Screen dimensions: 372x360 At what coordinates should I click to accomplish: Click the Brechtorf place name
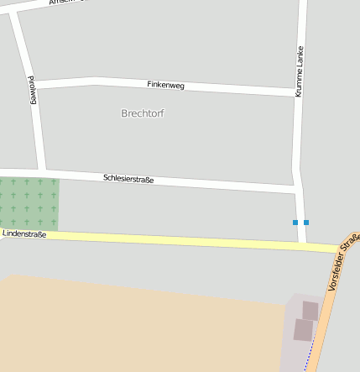pos(143,113)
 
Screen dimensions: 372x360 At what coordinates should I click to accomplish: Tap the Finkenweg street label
pos(165,85)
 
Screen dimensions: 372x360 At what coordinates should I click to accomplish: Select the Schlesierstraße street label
pos(128,178)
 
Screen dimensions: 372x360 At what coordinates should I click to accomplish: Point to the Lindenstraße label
pos(24,233)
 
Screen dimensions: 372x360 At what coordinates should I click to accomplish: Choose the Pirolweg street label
pos(34,90)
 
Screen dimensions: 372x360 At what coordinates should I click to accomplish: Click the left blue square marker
pos(295,223)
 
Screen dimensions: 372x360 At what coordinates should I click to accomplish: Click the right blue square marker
pos(306,223)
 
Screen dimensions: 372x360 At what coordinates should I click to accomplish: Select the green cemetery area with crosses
pos(29,203)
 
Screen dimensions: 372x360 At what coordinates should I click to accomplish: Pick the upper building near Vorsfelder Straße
pos(310,311)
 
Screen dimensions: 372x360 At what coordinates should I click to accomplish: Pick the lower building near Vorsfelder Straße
pos(303,330)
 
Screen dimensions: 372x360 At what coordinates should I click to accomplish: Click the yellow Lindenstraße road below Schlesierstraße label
pos(151,240)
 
